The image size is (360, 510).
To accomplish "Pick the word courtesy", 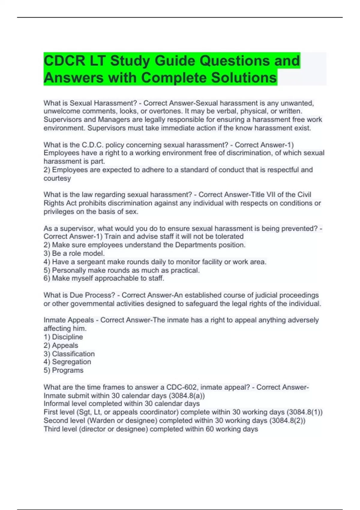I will (x=57, y=178).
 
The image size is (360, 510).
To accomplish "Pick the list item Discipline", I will (x=67, y=337).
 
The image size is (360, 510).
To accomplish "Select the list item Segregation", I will (x=71, y=362).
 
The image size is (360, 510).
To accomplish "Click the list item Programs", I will (x=67, y=370).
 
